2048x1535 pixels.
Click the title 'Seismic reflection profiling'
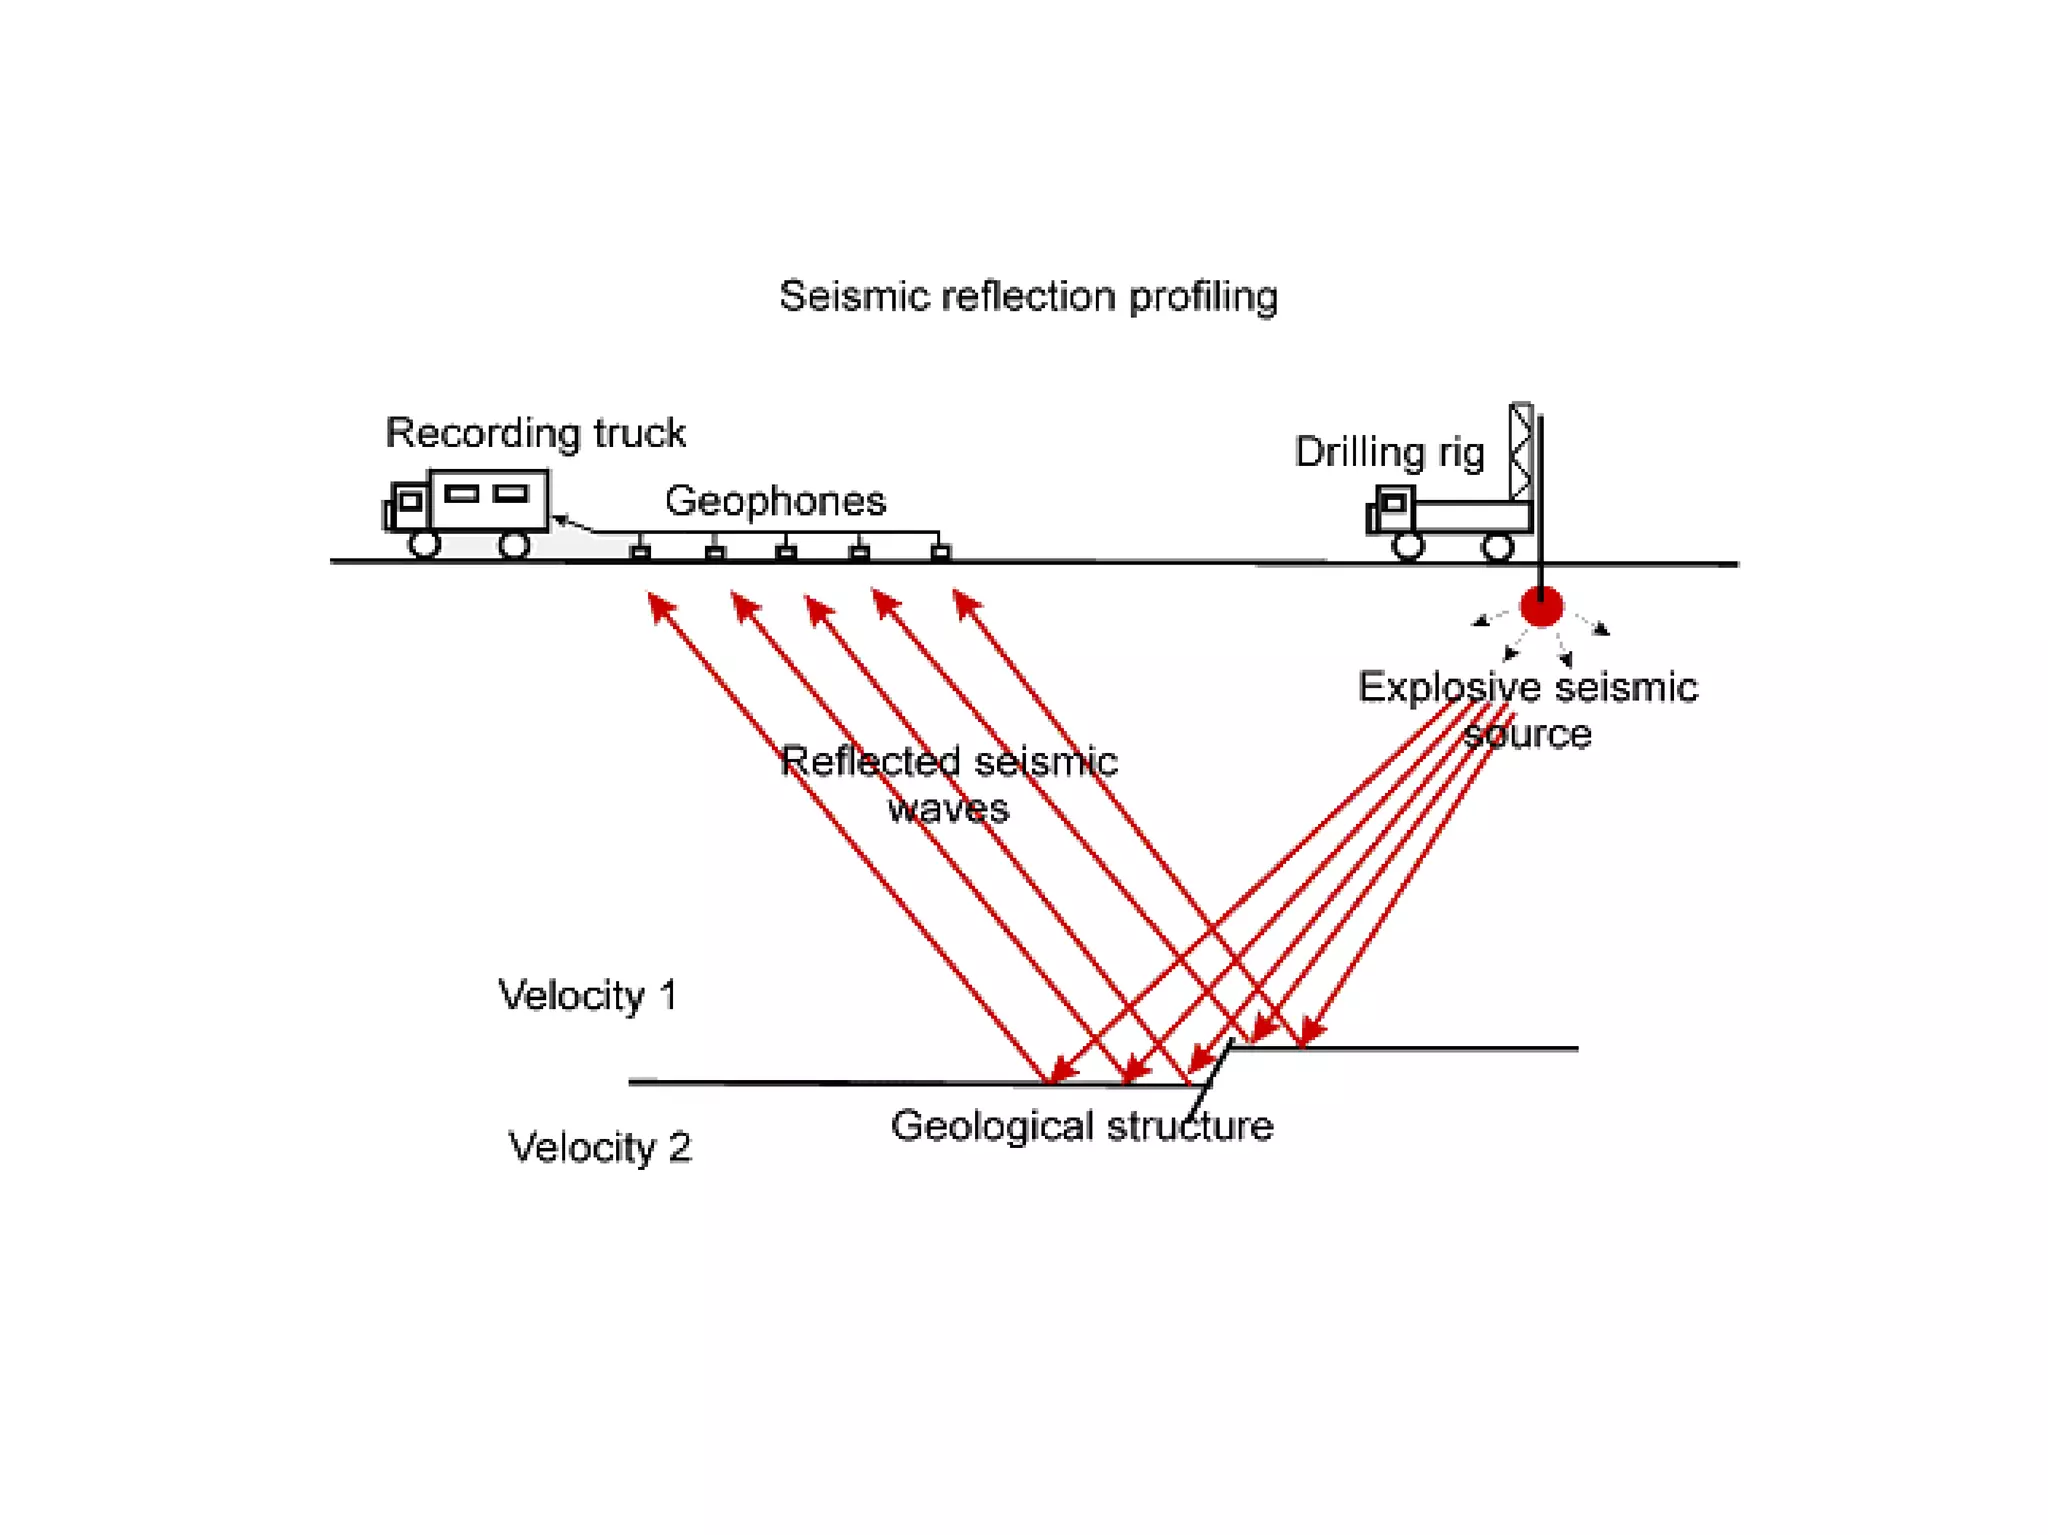(x=1028, y=297)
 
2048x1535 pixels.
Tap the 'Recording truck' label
(x=535, y=433)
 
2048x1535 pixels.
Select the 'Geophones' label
(x=775, y=501)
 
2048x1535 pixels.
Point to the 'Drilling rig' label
(x=1389, y=452)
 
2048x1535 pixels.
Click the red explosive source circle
(x=1541, y=606)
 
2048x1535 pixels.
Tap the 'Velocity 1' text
(x=588, y=996)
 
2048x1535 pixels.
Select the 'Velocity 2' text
(x=599, y=1147)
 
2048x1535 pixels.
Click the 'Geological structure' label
(x=1082, y=1126)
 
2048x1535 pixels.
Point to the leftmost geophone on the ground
(x=641, y=552)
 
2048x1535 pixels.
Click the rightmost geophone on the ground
(x=940, y=552)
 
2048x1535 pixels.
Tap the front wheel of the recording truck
(x=424, y=545)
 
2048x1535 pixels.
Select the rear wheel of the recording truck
(x=514, y=545)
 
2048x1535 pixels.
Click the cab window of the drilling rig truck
(x=1393, y=503)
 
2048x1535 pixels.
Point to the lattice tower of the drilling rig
(x=1521, y=450)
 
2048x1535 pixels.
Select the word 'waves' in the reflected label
(x=948, y=808)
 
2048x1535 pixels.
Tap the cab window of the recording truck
(x=410, y=501)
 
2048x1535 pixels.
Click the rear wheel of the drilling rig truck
(x=1497, y=547)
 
